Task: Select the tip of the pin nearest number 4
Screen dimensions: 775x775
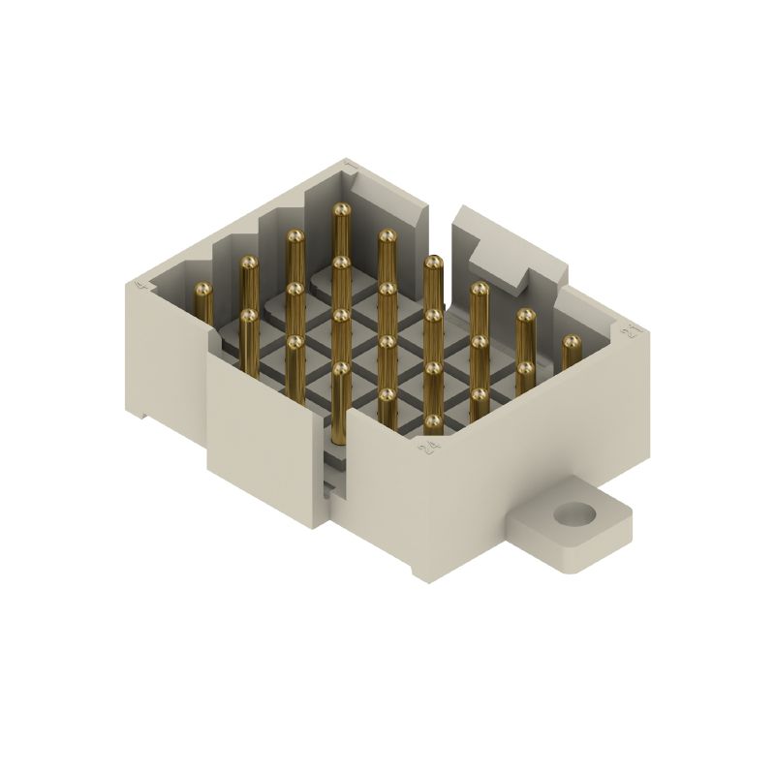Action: point(202,289)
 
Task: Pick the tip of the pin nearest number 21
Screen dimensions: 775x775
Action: point(572,342)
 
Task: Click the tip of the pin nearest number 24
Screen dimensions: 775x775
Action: point(432,421)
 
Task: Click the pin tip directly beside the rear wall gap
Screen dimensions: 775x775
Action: point(433,262)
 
